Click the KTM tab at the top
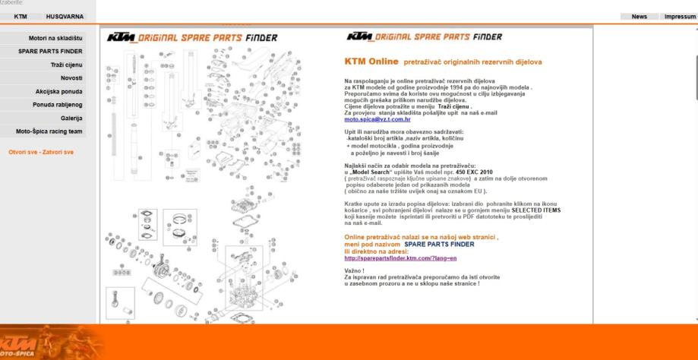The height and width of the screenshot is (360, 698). pos(21,16)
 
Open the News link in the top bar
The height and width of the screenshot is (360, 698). pos(640,16)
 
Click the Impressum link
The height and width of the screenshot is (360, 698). pos(680,16)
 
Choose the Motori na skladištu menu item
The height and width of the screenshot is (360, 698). pos(55,38)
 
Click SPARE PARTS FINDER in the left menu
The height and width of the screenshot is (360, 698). pos(51,52)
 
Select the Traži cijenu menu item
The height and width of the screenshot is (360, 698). pos(67,65)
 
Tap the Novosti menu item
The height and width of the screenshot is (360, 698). pos(71,78)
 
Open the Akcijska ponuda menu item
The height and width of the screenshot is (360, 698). pos(59,92)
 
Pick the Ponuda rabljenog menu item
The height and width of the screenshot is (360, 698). pos(57,105)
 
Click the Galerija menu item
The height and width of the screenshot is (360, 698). pos(71,118)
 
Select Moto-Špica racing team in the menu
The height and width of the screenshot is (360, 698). pos(49,131)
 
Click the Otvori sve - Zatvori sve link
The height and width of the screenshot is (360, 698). pos(41,151)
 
